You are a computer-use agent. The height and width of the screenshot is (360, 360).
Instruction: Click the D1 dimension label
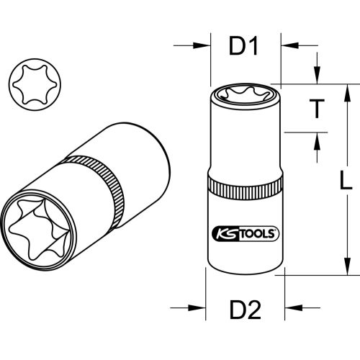(243, 47)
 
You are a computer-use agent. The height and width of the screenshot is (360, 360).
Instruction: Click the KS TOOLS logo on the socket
(245, 235)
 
